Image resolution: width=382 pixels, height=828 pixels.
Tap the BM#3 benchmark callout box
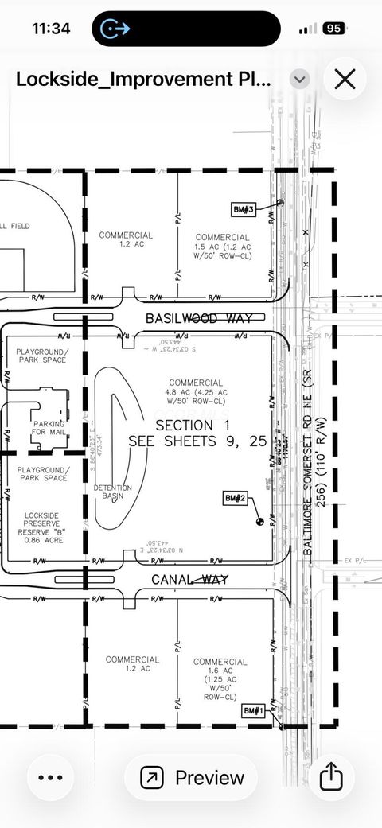244,210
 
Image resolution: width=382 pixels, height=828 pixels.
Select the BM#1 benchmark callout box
253,710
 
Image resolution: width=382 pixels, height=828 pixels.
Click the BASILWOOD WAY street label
199,318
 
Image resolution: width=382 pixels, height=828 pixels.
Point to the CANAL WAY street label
189,579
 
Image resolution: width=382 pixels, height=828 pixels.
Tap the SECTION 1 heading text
184,425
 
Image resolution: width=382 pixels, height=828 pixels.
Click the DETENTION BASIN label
113,492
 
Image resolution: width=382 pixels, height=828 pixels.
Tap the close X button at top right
345,79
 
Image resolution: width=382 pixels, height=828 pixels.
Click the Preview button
192,777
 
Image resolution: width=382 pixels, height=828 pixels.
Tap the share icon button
331,777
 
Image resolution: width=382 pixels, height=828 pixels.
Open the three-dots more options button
50,777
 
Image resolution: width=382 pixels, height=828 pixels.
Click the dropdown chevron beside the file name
299,79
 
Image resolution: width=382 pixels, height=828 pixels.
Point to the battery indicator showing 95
333,29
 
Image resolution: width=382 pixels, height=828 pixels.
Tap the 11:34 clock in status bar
51,29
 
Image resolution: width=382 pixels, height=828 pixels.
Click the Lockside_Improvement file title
143,79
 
